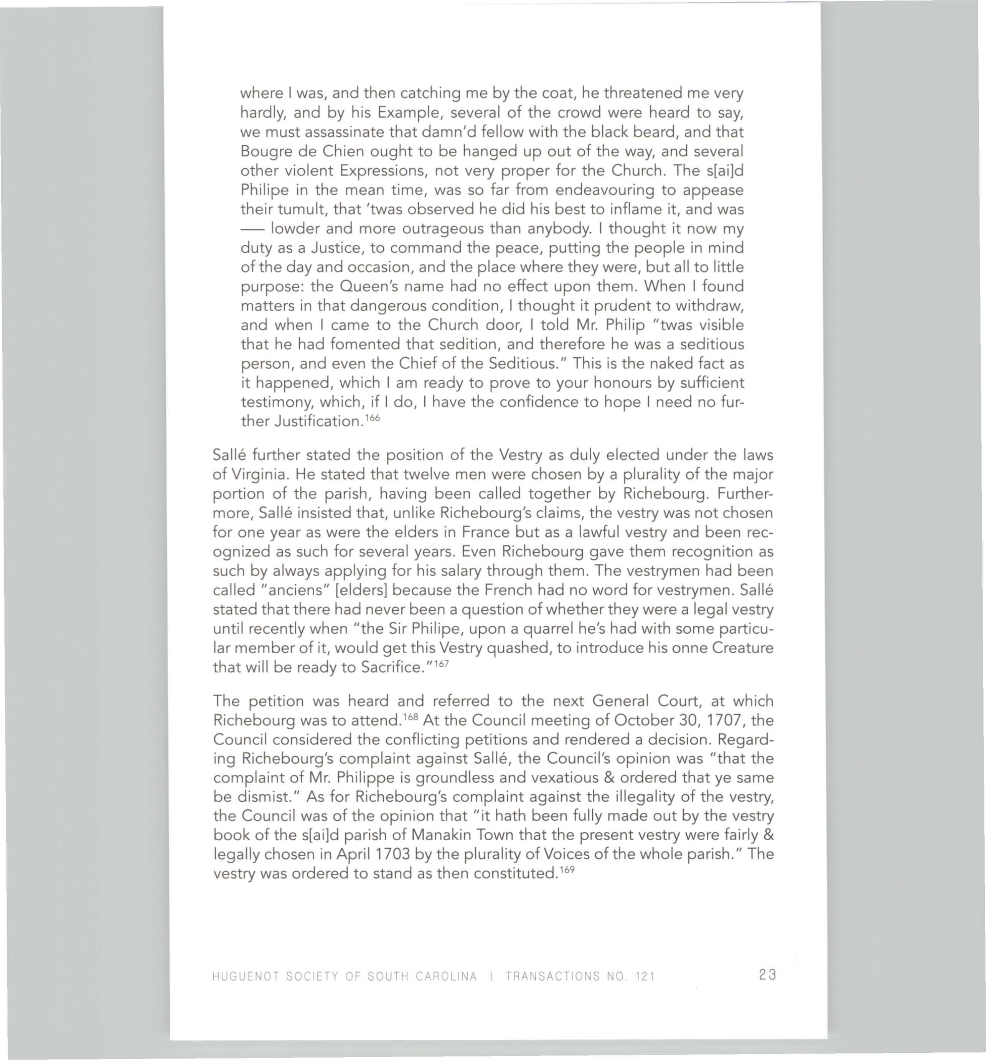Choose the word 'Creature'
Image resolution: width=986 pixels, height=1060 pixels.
(x=743, y=648)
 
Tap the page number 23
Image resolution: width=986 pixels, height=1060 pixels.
(x=766, y=975)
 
